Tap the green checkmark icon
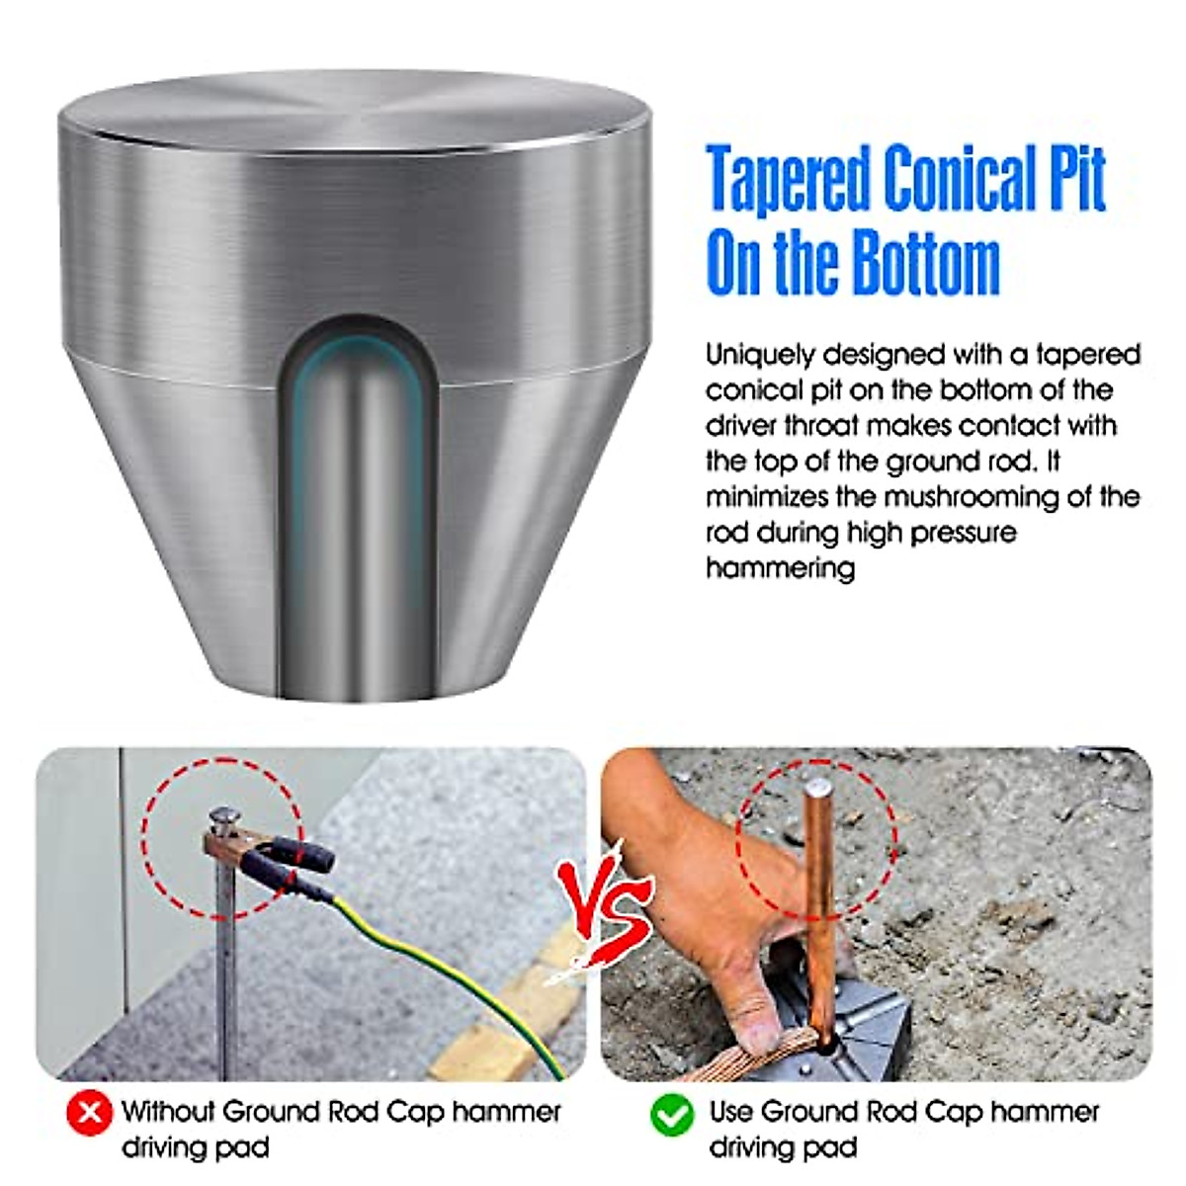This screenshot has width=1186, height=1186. point(673,1114)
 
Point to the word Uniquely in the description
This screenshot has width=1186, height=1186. point(759,354)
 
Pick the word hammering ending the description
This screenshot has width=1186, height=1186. point(780,568)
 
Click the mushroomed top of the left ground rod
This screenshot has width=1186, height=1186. point(226,817)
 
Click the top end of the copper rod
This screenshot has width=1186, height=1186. point(817,789)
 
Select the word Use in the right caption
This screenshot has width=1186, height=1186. point(731,1112)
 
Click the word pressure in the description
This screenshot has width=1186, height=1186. point(963,533)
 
